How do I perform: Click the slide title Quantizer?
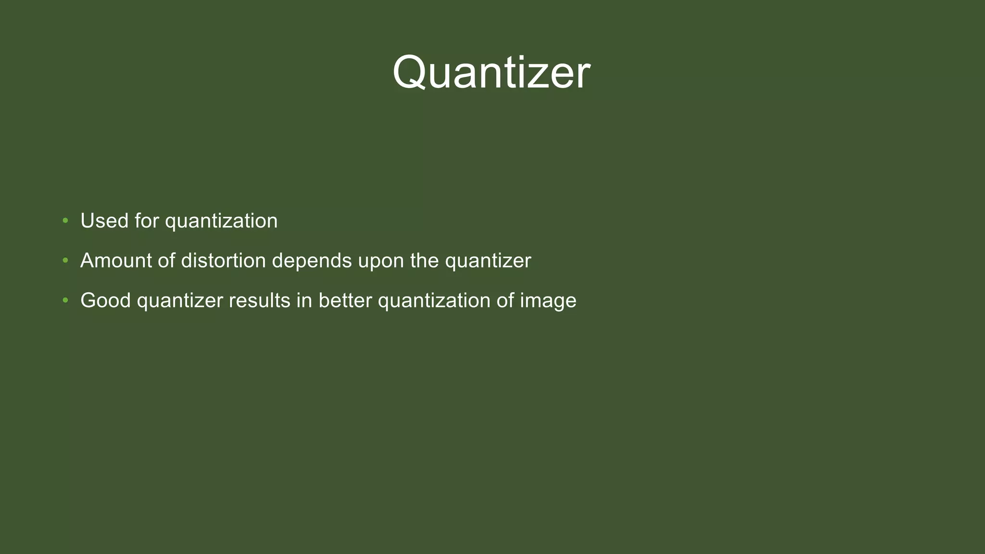coord(491,73)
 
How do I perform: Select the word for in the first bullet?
coord(146,221)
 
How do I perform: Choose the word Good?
coord(105,301)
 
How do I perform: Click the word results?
coord(260,301)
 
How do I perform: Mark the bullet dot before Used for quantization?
coord(65,221)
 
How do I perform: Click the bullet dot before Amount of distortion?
coord(65,261)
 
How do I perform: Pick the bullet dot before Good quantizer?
coord(65,301)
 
